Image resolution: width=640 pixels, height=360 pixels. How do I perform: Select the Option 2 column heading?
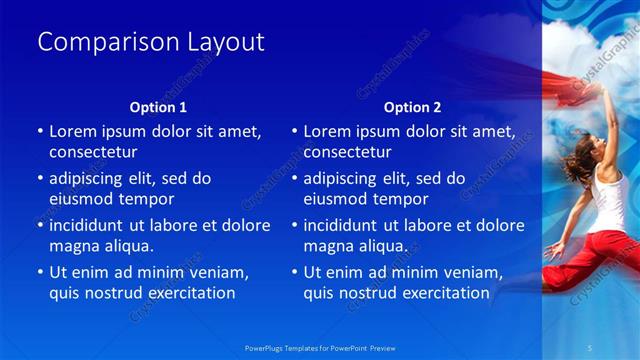tap(412, 106)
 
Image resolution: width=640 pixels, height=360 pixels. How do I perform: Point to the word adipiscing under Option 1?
tap(89, 178)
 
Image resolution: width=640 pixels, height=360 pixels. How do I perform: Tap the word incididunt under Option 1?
tap(92, 225)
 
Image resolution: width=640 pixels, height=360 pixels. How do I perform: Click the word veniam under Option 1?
tap(218, 272)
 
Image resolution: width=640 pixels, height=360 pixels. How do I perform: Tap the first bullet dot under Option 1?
tap(40, 132)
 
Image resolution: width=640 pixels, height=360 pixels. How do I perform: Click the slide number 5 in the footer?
tap(591, 347)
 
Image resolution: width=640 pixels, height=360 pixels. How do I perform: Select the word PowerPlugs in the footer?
tap(264, 347)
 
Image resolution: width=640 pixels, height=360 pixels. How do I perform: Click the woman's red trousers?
tap(590, 247)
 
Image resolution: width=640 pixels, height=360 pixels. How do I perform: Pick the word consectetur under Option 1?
tap(93, 151)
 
